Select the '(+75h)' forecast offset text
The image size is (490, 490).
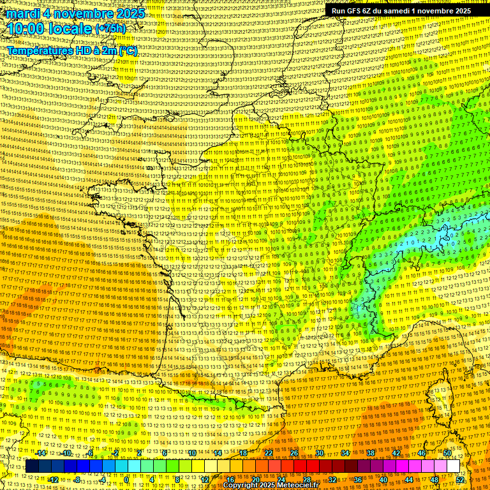point(110,29)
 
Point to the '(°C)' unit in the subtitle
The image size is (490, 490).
point(126,50)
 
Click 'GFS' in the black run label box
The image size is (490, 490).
point(355,11)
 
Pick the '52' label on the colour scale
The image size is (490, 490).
point(461,479)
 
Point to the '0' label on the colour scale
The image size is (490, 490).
point(126,479)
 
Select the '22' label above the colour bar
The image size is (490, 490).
point(268,453)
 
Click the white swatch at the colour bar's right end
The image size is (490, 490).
point(453,466)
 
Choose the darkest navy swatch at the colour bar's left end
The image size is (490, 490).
point(32,466)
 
